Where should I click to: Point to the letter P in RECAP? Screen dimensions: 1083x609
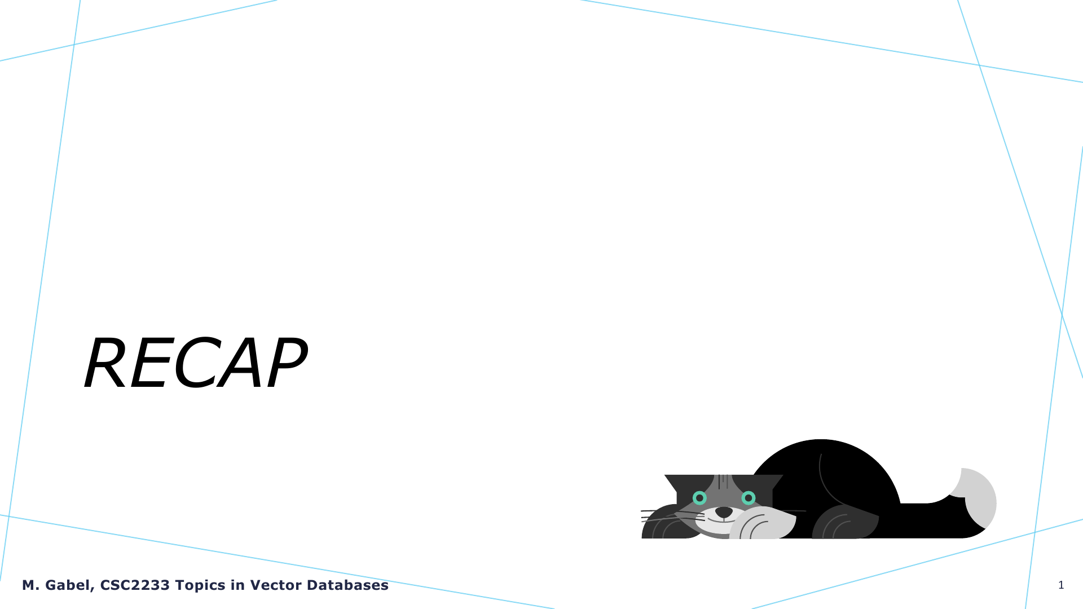tap(285, 363)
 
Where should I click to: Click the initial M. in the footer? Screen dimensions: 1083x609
tap(31, 585)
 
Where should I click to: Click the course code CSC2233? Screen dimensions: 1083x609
tap(135, 585)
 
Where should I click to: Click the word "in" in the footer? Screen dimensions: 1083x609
tap(237, 585)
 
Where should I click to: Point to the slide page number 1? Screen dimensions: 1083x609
tap(1061, 585)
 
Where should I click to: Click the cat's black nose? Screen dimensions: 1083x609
tap(724, 512)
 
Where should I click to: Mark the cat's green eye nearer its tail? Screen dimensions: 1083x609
tap(749, 498)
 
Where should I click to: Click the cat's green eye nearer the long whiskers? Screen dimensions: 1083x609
tap(699, 498)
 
